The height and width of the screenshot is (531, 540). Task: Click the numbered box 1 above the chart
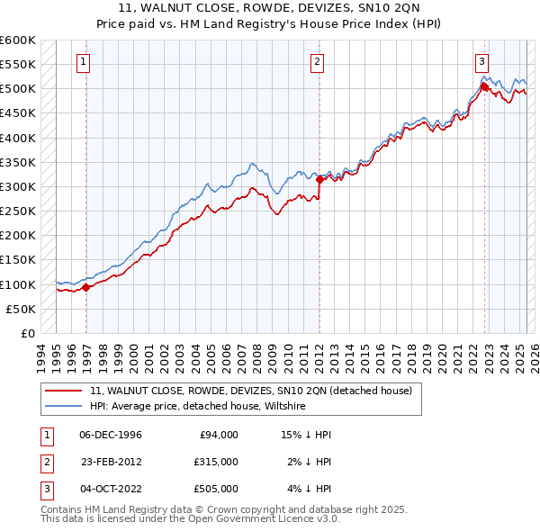click(x=83, y=62)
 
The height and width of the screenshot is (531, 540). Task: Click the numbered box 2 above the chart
click(x=318, y=62)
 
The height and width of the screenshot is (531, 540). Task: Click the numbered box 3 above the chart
click(x=481, y=62)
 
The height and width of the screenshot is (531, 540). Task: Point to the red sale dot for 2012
click(x=319, y=180)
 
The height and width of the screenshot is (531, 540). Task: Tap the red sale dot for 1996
click(x=86, y=288)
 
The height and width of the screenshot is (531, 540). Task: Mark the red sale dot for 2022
click(x=484, y=87)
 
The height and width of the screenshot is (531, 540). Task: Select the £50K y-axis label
click(x=22, y=309)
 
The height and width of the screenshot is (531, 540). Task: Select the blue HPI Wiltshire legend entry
click(x=198, y=407)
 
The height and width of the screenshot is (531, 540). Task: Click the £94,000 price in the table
click(x=218, y=435)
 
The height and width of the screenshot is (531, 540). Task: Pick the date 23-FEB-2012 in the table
click(x=111, y=462)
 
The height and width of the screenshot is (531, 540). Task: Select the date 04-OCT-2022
click(x=111, y=489)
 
